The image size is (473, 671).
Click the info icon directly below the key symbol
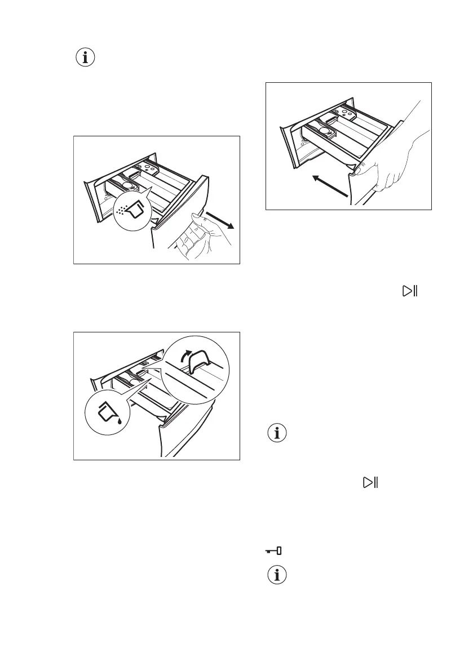[x=276, y=576]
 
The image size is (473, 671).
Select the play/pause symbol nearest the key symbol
[x=370, y=482]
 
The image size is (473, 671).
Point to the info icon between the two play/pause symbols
[x=276, y=433]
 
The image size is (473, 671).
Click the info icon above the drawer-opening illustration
[x=85, y=57]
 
